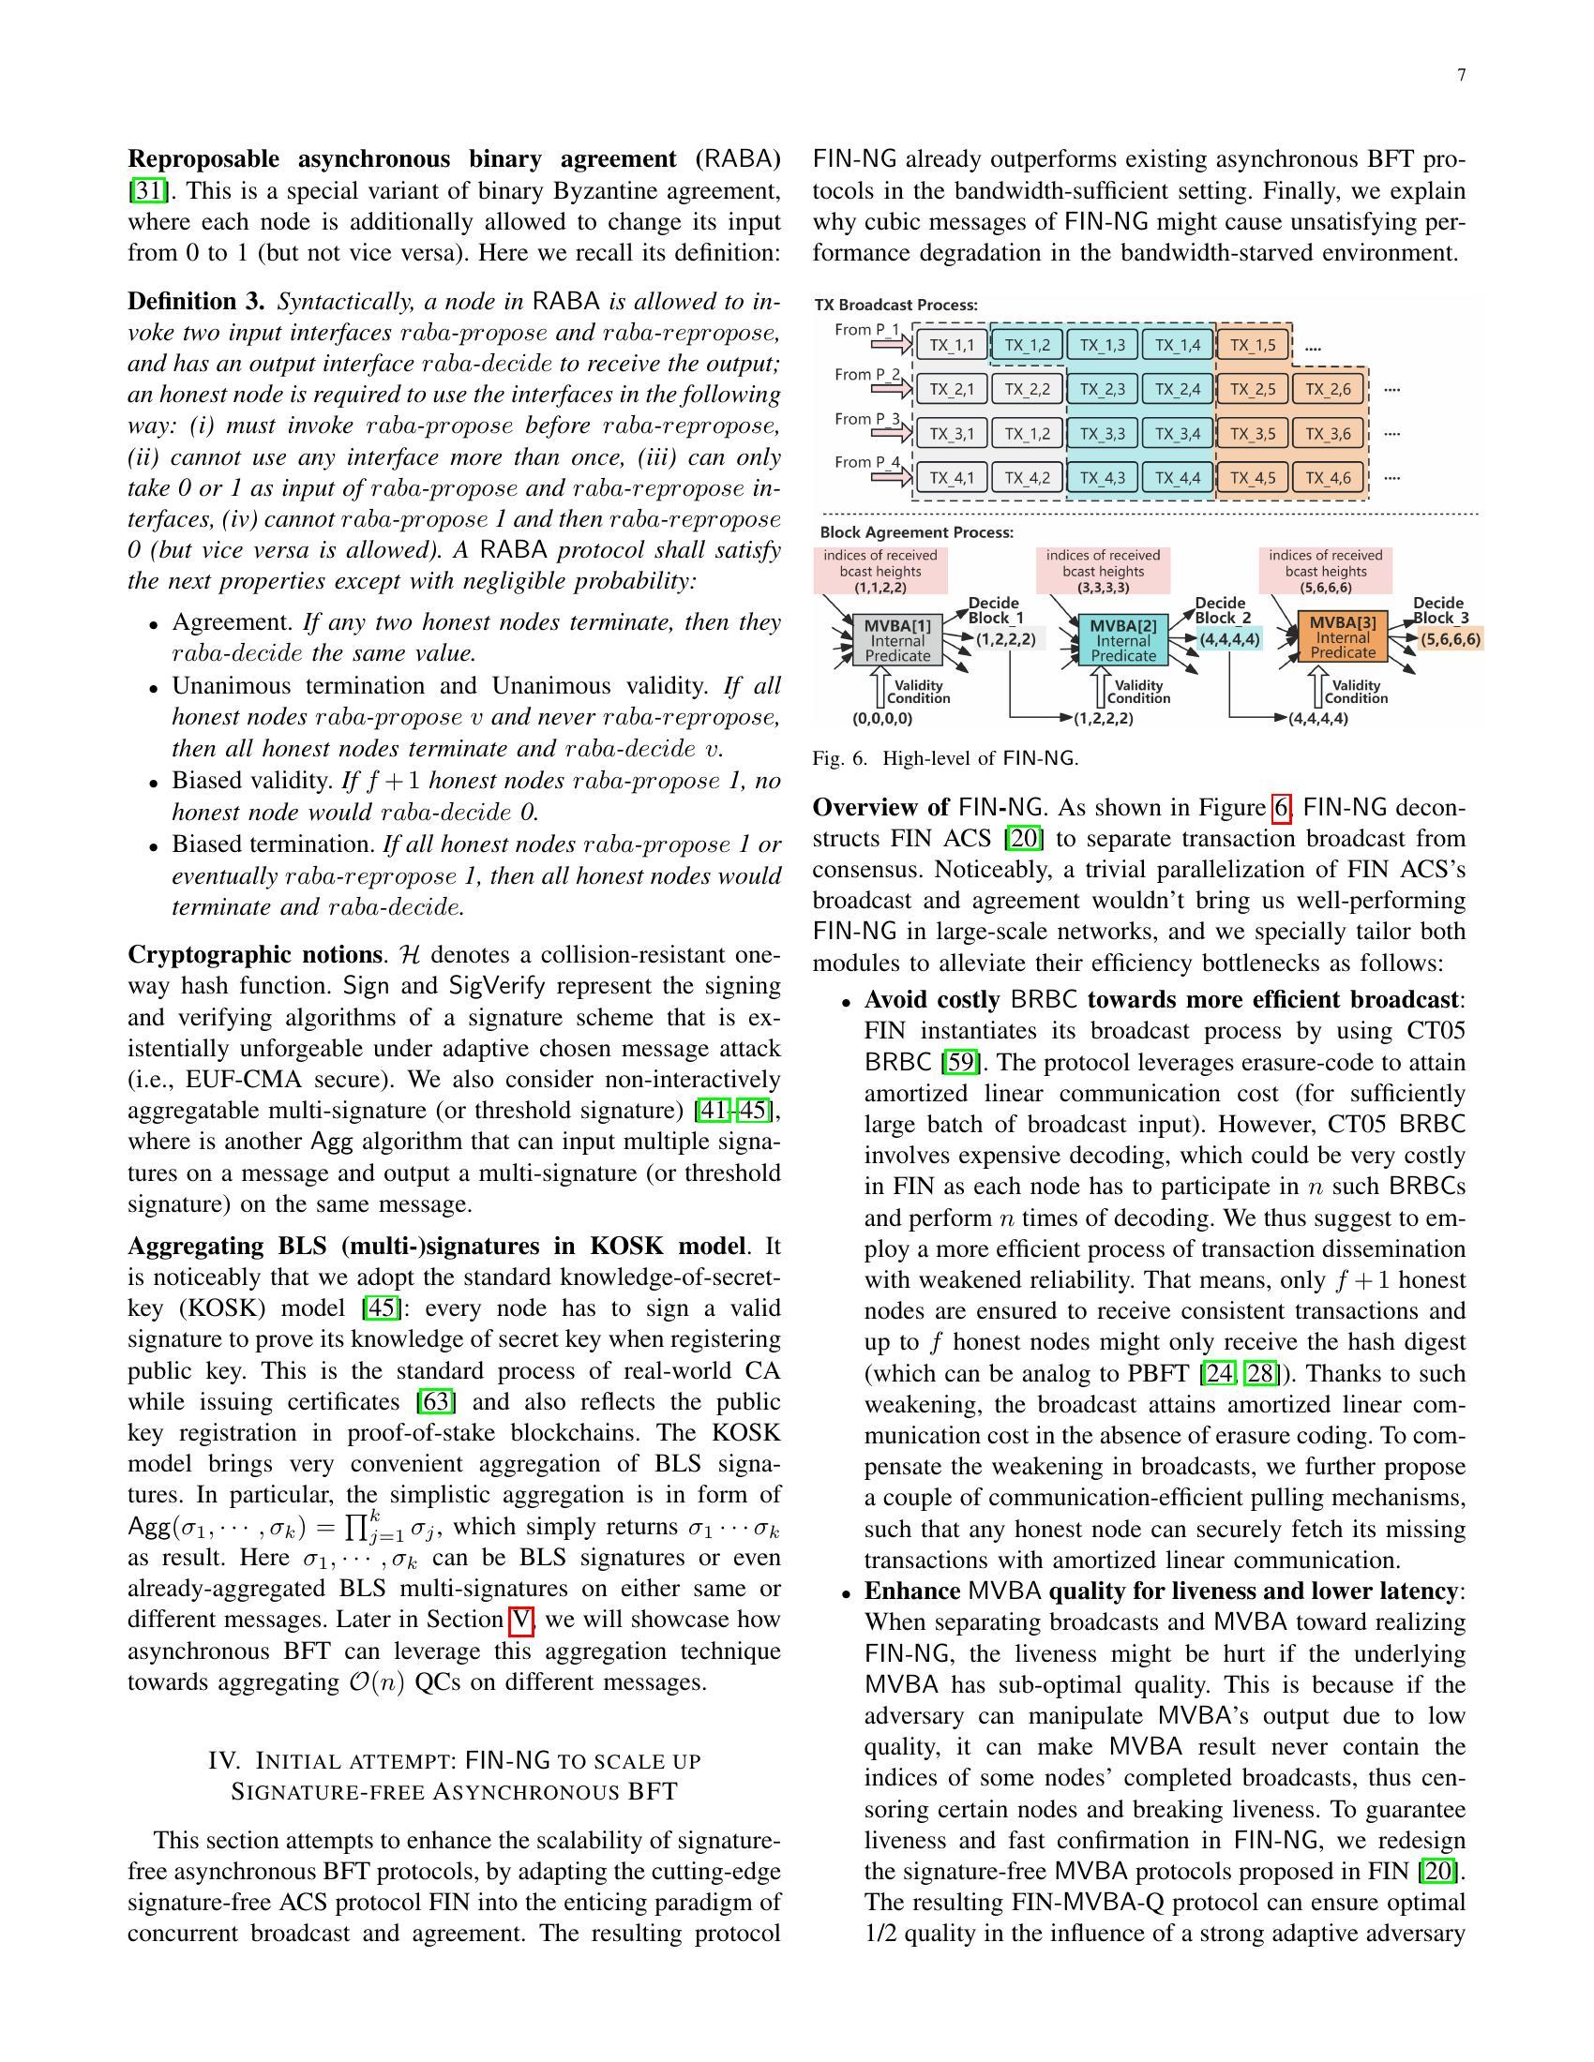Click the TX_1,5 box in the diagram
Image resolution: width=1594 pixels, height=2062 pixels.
1253,345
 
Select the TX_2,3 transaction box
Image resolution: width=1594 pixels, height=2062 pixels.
1102,389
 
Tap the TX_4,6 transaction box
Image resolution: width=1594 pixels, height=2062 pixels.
1329,478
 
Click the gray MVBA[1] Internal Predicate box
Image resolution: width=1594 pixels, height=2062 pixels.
897,640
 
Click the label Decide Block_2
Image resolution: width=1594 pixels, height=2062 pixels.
1222,610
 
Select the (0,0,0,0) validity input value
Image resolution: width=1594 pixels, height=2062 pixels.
882,719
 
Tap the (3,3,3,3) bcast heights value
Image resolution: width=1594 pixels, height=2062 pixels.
1103,588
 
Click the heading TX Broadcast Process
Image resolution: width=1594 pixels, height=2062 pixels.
896,305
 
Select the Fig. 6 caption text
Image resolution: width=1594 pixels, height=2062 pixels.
944,758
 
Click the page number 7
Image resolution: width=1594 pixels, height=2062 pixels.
1461,76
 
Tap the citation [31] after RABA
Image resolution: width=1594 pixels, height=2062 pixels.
147,190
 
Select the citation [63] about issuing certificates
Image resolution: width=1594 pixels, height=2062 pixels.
437,1402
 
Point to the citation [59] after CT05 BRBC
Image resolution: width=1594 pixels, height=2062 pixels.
960,1062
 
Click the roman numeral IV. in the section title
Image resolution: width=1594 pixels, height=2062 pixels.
225,1761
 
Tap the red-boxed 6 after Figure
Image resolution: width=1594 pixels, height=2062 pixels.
1281,808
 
